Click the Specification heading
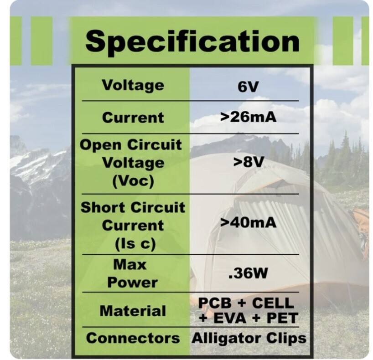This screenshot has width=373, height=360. (192, 41)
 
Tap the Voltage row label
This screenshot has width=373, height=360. (133, 85)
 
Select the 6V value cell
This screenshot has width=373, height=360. (248, 87)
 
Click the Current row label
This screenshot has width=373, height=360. (133, 117)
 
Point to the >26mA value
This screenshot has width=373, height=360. (248, 117)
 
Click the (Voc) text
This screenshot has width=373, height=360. (133, 180)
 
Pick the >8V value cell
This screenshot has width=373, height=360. (248, 162)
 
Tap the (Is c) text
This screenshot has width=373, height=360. (133, 243)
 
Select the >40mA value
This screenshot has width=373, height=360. (248, 223)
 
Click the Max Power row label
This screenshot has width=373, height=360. (133, 273)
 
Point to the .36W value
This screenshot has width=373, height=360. (248, 273)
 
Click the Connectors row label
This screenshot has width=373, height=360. (133, 338)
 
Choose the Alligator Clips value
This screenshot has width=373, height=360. (249, 338)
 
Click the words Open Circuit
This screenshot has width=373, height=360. (131, 145)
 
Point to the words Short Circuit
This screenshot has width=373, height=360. (133, 207)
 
